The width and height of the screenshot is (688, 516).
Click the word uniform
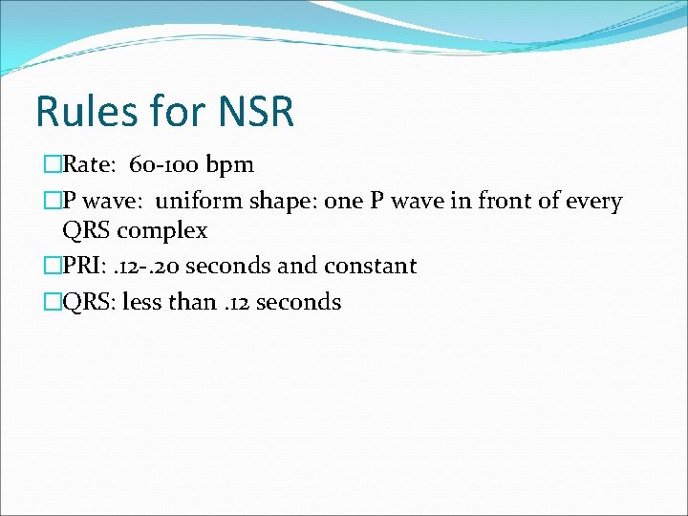198,202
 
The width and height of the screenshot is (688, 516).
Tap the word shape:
278,203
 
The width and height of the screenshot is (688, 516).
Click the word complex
163,230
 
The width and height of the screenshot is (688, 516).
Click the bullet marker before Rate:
52,165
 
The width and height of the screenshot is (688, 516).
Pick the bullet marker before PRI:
52,266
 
